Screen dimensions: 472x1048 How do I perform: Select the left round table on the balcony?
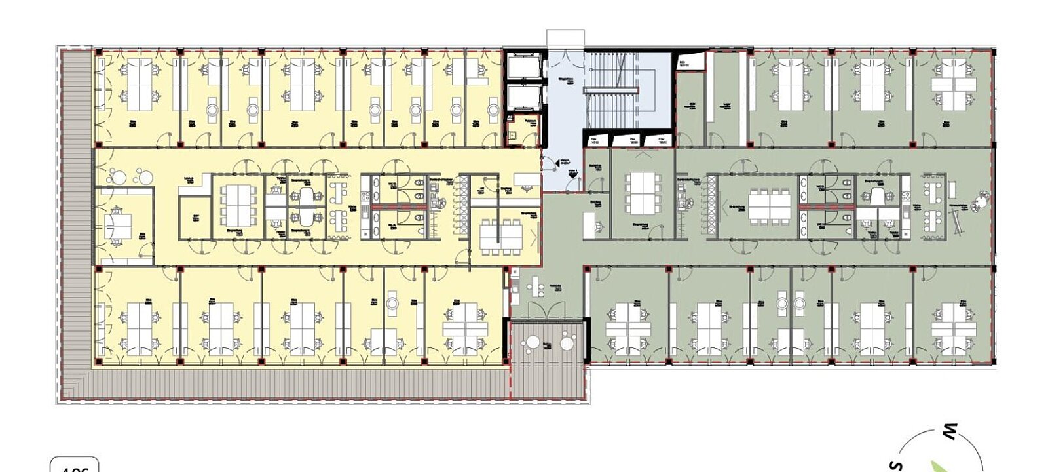pyautogui.click(x=533, y=342)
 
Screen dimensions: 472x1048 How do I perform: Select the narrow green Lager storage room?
pyautogui.click(x=726, y=98)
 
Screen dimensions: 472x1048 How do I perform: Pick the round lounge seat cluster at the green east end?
pyautogui.click(x=982, y=199)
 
